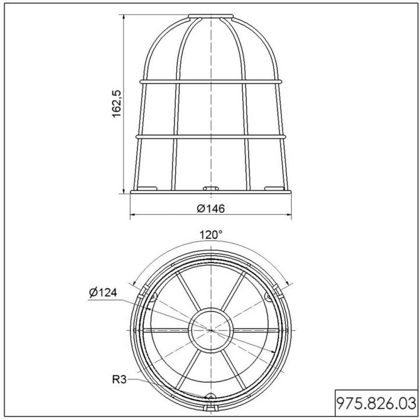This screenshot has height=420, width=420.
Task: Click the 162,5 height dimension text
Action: click(x=117, y=104)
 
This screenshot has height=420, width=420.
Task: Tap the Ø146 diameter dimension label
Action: click(x=211, y=208)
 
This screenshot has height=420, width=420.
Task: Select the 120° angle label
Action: click(x=211, y=235)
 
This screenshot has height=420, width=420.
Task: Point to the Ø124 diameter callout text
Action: click(x=103, y=292)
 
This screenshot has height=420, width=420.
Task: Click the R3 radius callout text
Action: click(x=119, y=380)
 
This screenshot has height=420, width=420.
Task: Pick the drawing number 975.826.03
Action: click(x=376, y=404)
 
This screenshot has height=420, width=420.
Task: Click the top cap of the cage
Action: click(x=211, y=16)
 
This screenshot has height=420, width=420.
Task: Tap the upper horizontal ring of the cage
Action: click(x=211, y=81)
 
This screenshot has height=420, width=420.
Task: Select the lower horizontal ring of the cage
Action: click(x=211, y=136)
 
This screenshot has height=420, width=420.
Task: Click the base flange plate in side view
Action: click(x=211, y=192)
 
